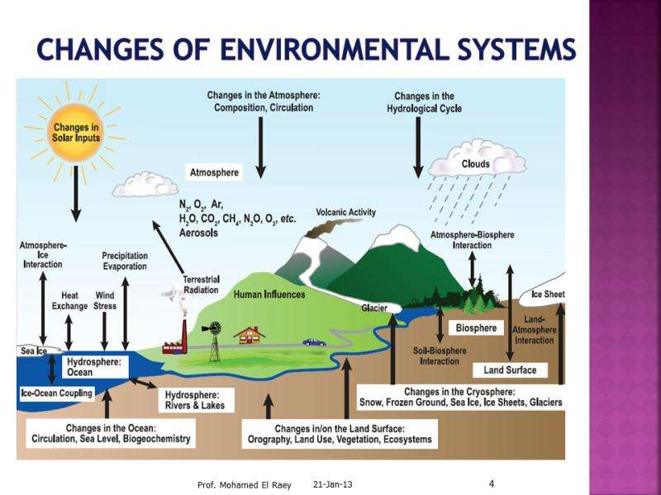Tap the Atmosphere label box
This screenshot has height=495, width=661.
[x=214, y=174]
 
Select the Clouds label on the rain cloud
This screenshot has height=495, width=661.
[x=475, y=164]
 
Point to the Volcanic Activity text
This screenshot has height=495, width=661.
[x=346, y=212]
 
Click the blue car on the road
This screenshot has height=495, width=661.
[x=314, y=342]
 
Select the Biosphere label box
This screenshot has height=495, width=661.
[x=477, y=328]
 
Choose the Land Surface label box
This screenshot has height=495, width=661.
[x=510, y=370]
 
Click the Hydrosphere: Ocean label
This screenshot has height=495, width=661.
[x=93, y=367]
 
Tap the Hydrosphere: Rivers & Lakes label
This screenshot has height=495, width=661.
[x=195, y=399]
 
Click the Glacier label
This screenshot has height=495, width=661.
[x=374, y=307]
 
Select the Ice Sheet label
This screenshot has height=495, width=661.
[x=547, y=295]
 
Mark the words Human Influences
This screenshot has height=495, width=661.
[x=269, y=294]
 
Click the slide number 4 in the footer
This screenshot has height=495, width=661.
[x=492, y=483]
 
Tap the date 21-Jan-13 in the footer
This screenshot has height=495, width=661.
[x=334, y=484]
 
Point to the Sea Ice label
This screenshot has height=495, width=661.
[x=32, y=352]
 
